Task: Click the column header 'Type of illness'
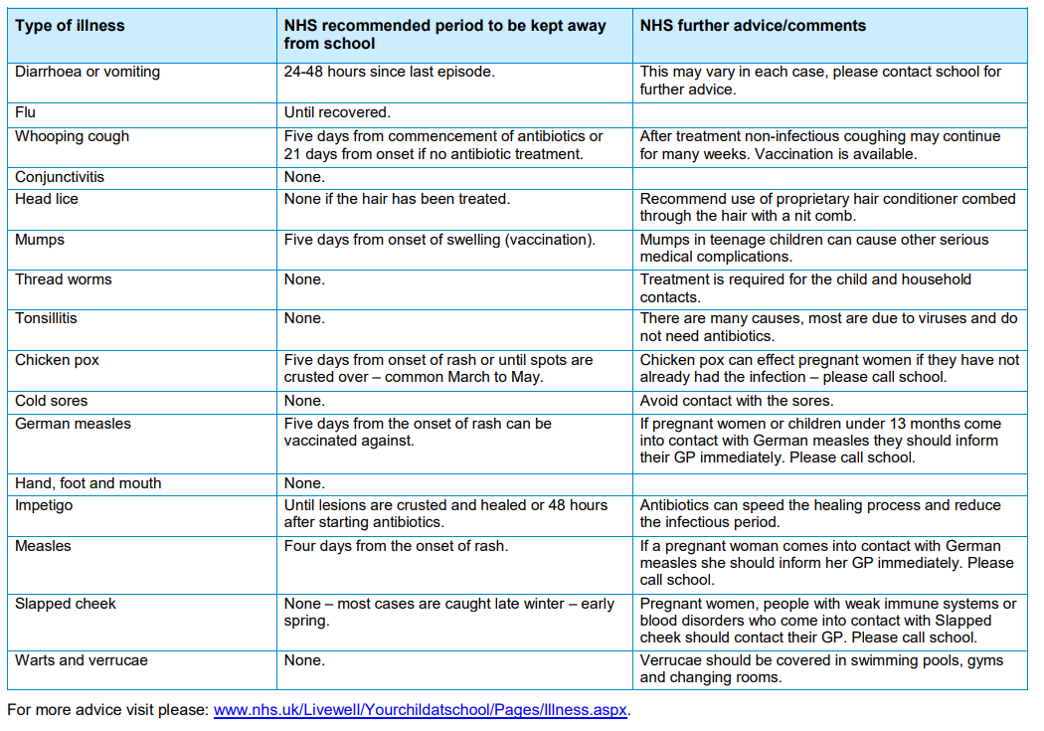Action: (x=70, y=26)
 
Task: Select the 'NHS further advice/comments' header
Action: (x=753, y=26)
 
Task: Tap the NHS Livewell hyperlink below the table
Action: (x=421, y=710)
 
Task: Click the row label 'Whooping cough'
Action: (x=72, y=137)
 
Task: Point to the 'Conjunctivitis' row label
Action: (x=60, y=177)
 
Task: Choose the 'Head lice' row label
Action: (x=47, y=199)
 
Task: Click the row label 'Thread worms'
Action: (x=64, y=279)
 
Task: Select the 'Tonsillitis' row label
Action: (x=46, y=318)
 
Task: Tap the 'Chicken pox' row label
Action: (x=58, y=360)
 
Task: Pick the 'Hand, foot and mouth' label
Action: (x=87, y=483)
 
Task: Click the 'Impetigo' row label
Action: (x=44, y=505)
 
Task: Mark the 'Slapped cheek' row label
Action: (x=66, y=604)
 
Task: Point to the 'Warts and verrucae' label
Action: (x=82, y=660)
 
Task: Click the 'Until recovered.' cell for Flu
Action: (x=338, y=112)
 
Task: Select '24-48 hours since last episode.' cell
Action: (x=390, y=72)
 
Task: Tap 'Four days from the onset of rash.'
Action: (x=396, y=546)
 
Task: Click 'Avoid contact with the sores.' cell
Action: (x=737, y=401)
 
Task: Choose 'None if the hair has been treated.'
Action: (x=398, y=199)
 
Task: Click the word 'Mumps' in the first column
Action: (x=40, y=241)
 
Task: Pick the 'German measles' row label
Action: (x=74, y=424)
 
